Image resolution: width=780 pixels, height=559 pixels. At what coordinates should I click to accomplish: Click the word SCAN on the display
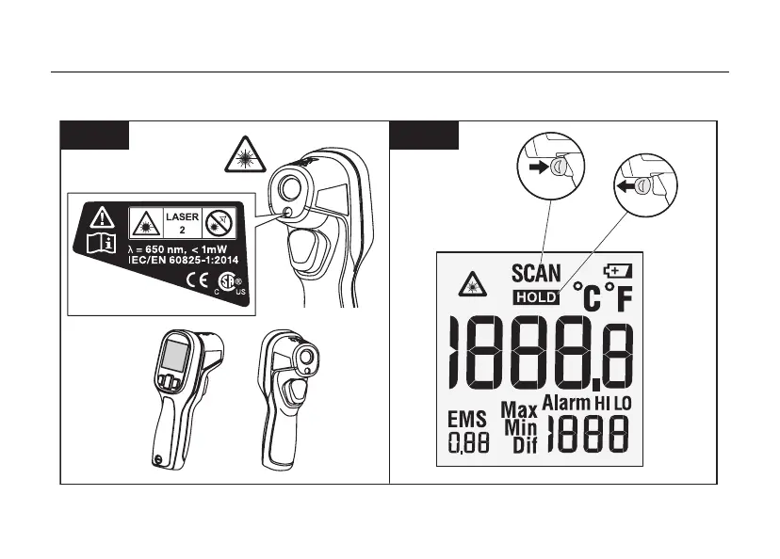pos(536,274)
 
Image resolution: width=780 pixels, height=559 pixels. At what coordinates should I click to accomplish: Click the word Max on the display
pos(518,410)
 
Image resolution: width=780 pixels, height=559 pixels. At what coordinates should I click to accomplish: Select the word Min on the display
pos(520,427)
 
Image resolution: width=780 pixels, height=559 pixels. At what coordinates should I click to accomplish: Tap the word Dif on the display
pos(524,445)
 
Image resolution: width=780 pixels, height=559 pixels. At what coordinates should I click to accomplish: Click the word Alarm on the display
pos(565,403)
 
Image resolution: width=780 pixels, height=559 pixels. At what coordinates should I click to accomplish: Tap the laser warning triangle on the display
pos(469,284)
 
